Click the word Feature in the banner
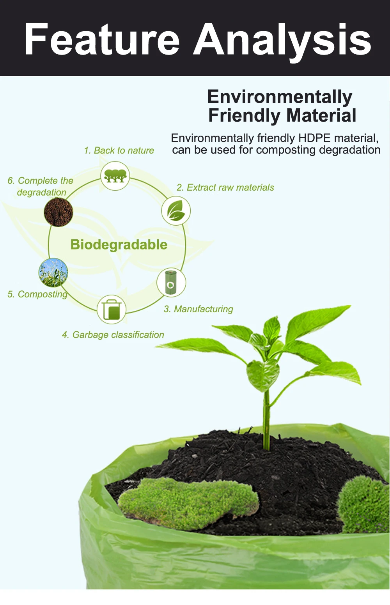[102, 39]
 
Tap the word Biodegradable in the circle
[119, 244]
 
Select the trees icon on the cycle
[115, 176]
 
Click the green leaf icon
[176, 211]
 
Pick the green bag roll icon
[171, 282]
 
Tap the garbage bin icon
[112, 309]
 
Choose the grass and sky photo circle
[53, 272]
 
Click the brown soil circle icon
[58, 212]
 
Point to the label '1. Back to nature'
[119, 150]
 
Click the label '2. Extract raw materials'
[225, 188]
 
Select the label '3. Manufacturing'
[199, 309]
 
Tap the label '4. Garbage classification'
[113, 335]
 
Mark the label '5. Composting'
[37, 294]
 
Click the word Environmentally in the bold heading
[280, 97]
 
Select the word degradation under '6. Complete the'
[42, 193]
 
